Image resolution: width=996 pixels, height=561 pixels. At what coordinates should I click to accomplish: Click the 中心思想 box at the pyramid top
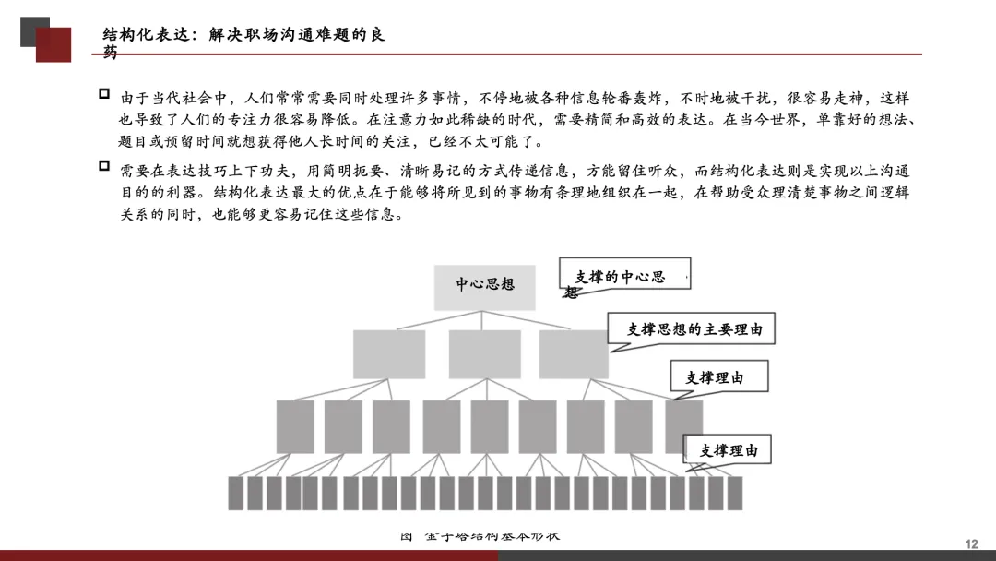point(485,284)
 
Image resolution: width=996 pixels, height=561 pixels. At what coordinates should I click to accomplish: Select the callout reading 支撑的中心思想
point(624,277)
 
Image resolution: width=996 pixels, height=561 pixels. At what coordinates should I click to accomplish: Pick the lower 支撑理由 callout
point(728,450)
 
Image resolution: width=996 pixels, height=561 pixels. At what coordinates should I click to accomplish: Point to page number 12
point(970,544)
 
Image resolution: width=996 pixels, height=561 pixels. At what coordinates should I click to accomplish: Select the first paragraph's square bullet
point(103,94)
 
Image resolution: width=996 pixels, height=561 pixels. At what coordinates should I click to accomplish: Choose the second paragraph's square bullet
point(103,166)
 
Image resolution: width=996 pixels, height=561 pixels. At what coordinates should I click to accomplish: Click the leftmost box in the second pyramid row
point(388,352)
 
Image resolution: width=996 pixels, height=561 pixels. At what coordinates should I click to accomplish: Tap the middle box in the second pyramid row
point(484,352)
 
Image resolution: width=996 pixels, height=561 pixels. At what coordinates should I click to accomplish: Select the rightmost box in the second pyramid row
point(574,352)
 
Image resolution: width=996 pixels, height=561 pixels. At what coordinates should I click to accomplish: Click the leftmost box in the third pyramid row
point(295,425)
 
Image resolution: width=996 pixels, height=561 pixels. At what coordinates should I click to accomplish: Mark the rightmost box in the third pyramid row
point(683,425)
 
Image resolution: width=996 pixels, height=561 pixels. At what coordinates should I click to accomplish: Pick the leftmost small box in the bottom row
point(235,493)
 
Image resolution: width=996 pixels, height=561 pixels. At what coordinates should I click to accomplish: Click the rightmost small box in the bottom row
point(734,493)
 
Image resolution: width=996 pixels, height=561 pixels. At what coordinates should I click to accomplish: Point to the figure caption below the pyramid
point(480,536)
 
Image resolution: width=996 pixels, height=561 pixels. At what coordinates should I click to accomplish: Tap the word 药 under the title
point(111,54)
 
